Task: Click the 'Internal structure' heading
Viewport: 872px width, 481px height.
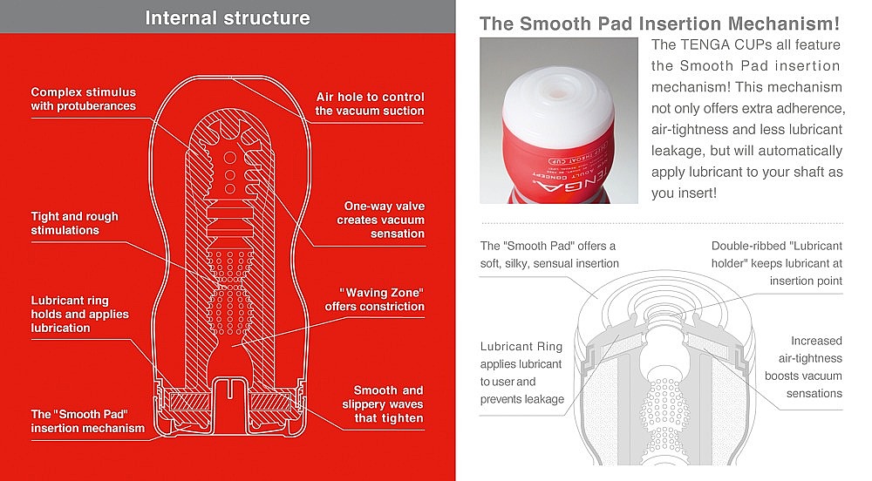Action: point(227,17)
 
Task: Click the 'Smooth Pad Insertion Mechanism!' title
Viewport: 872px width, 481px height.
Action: point(659,24)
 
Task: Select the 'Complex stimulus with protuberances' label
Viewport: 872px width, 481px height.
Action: point(84,99)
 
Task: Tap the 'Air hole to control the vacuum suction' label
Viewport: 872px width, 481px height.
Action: point(370,104)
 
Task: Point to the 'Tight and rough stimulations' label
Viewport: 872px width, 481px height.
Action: point(75,223)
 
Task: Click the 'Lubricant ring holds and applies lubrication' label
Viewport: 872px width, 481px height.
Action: point(79,314)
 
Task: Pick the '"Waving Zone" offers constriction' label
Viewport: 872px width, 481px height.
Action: point(375,299)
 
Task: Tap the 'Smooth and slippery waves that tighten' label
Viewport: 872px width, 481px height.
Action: point(388,404)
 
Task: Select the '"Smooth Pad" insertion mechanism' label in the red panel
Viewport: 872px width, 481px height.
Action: point(87,421)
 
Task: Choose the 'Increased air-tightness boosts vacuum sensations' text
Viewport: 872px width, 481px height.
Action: point(803,367)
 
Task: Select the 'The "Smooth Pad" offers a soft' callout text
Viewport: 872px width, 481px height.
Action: point(548,254)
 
